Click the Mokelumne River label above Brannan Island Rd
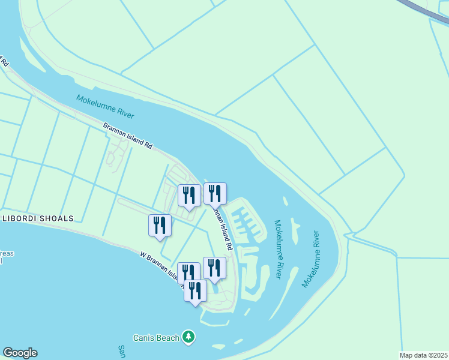(105, 107)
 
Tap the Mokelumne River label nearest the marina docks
(279, 248)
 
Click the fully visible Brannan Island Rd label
(128, 136)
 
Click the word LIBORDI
(21, 218)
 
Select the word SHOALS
(58, 218)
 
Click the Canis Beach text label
(158, 338)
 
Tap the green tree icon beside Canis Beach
(188, 337)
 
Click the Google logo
(20, 353)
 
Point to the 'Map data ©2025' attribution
(423, 355)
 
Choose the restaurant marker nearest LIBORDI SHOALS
(160, 226)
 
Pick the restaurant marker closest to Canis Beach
(195, 291)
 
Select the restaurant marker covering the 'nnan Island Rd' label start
(215, 193)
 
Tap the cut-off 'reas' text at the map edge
(6, 254)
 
